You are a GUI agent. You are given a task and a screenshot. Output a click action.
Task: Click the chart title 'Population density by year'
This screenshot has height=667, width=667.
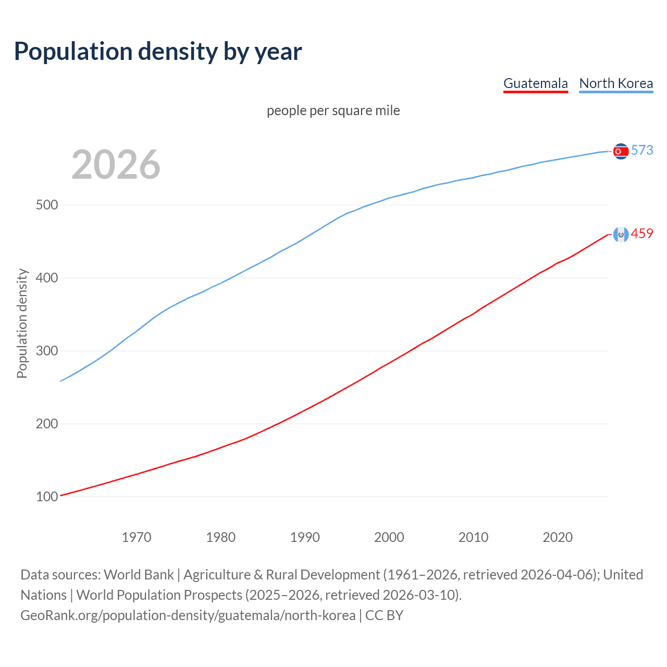(158, 51)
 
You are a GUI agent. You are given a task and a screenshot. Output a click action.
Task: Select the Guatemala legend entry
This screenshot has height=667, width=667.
(535, 83)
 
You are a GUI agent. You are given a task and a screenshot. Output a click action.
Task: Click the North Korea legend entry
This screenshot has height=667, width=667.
(616, 83)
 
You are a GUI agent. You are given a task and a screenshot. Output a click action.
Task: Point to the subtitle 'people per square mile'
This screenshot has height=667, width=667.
(333, 110)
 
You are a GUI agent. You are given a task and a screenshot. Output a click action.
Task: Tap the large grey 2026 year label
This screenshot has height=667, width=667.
(116, 165)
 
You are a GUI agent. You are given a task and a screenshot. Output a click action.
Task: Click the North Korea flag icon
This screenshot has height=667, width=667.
(620, 151)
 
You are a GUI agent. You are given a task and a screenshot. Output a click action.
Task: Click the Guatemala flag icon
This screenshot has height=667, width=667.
(620, 234)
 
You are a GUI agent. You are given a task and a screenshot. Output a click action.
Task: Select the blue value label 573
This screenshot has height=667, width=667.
(642, 150)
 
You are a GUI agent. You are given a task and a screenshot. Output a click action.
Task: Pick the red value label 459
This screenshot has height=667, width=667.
(642, 233)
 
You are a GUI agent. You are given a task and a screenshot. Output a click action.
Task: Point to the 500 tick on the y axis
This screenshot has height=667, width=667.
(46, 205)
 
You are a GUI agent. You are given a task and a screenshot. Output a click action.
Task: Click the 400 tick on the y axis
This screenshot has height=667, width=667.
(46, 278)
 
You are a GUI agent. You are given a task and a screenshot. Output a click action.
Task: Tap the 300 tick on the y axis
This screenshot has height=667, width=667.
(46, 351)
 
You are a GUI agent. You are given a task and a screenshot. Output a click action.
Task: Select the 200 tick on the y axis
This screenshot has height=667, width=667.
(46, 424)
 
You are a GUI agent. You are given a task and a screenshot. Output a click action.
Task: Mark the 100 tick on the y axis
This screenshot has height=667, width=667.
(46, 497)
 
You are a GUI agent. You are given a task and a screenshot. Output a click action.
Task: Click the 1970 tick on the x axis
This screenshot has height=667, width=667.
(137, 537)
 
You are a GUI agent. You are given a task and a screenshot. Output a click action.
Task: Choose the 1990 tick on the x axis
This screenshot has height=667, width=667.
(305, 537)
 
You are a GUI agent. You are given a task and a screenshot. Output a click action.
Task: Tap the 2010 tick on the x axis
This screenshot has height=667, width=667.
(473, 537)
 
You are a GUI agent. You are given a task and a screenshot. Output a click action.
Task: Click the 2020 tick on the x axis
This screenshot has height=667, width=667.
(558, 537)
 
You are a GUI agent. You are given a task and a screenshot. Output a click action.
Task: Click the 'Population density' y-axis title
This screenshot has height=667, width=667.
(22, 323)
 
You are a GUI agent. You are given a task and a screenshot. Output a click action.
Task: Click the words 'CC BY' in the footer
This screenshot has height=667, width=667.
(384, 615)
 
